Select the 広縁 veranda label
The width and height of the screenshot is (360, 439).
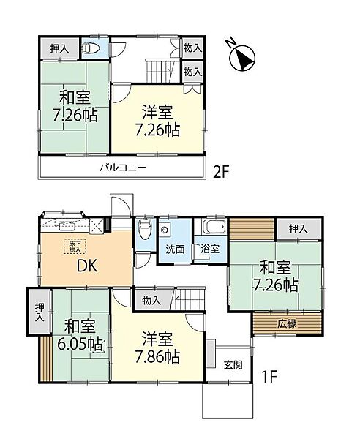[x=288, y=322]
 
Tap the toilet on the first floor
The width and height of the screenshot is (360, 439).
[x=145, y=229]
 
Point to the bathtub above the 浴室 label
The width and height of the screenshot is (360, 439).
[x=211, y=228]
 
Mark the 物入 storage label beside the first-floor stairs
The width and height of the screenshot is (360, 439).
[x=151, y=299]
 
